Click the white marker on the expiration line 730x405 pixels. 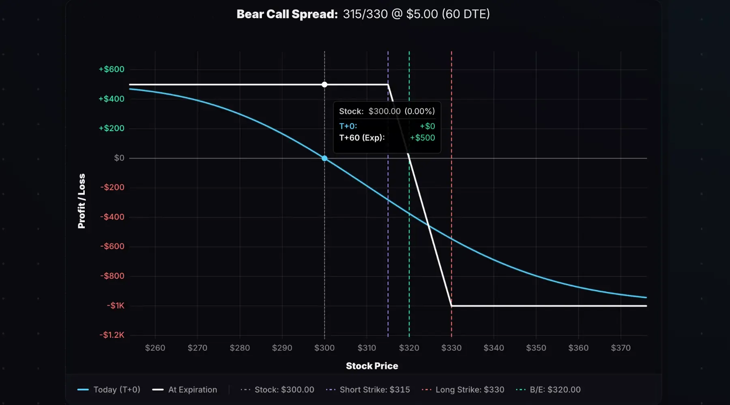tap(324, 85)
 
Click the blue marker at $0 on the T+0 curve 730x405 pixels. tap(324, 158)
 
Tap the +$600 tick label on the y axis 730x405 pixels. tap(112, 69)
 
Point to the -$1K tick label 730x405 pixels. tap(116, 306)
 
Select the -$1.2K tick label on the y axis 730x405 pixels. tap(112, 335)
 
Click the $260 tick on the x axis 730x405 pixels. tap(155, 348)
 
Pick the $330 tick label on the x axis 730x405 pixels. tap(451, 348)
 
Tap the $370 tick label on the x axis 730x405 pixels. tap(620, 348)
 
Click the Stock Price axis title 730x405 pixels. tap(372, 366)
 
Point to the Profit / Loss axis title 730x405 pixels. tap(82, 201)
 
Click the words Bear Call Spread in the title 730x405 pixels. tap(287, 14)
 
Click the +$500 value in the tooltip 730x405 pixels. tap(422, 138)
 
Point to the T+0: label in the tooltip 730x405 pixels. tap(348, 126)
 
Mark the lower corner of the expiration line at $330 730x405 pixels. tap(451, 306)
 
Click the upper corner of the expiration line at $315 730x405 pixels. tap(388, 85)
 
